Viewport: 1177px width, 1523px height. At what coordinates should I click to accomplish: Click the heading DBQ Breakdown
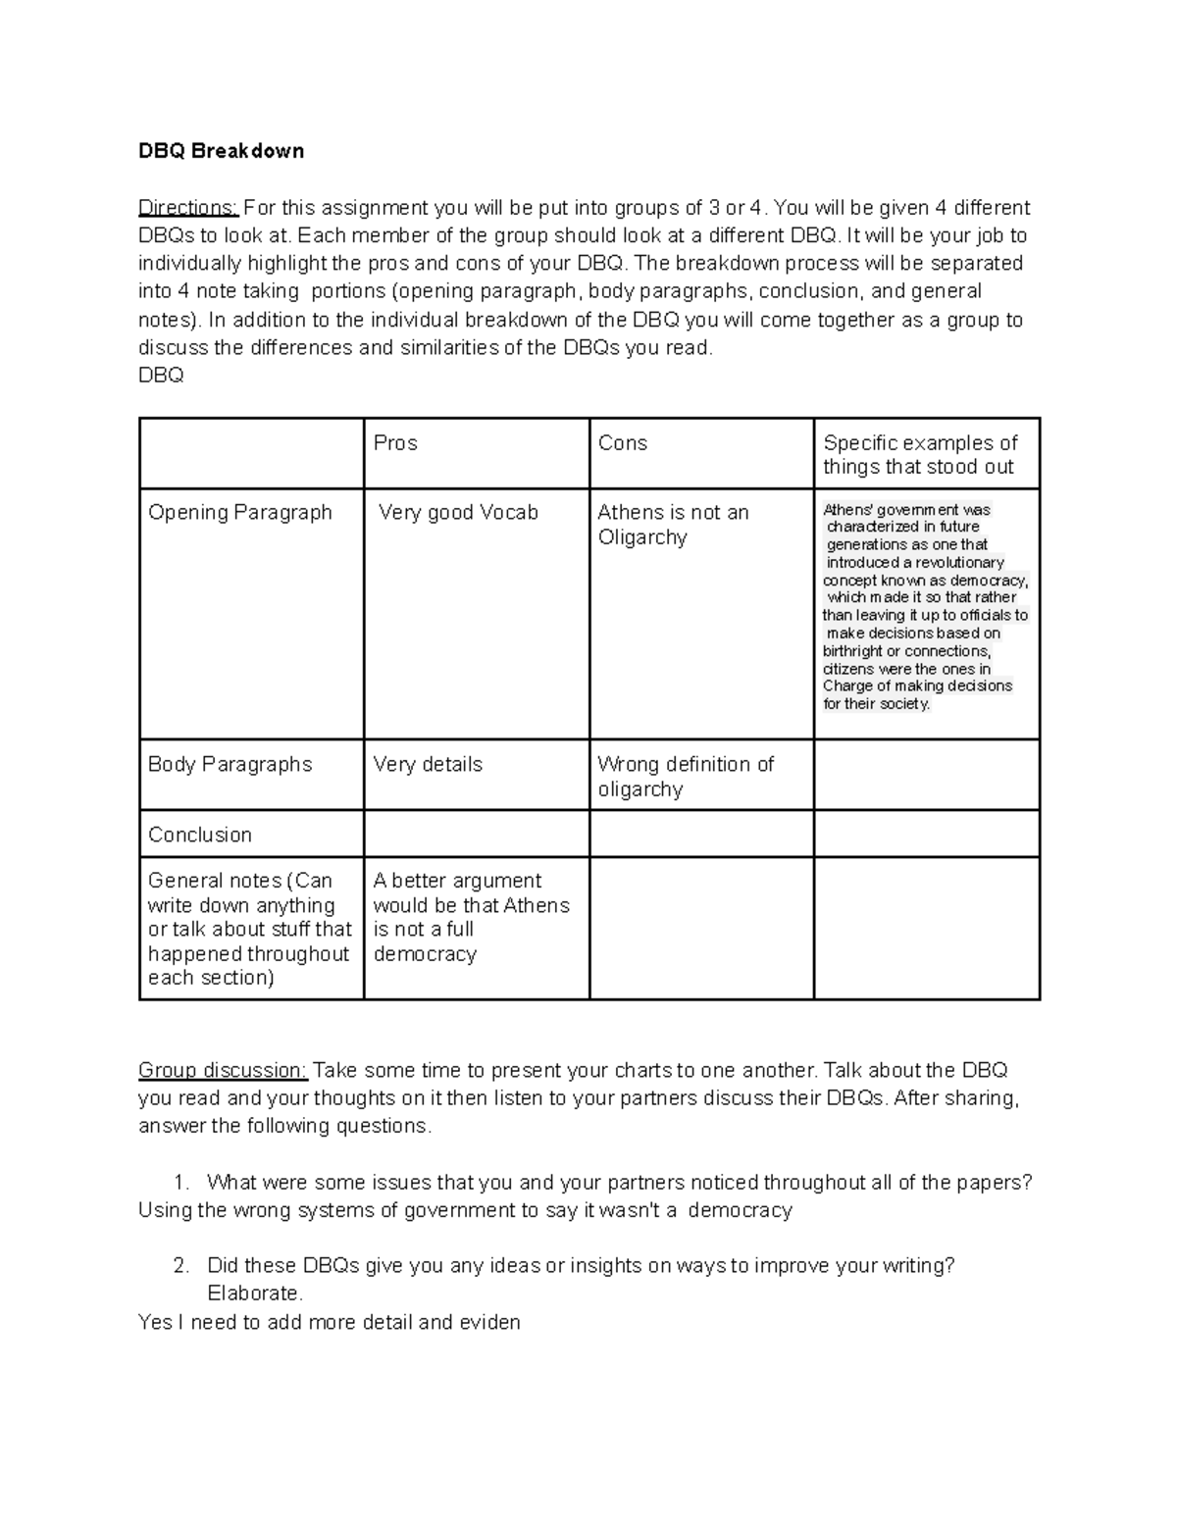pyautogui.click(x=221, y=151)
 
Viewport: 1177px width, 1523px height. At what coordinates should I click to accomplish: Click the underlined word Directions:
pyautogui.click(x=187, y=208)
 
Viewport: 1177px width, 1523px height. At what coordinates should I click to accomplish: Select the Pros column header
pyautogui.click(x=395, y=443)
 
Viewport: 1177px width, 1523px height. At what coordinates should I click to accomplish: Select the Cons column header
pyautogui.click(x=623, y=443)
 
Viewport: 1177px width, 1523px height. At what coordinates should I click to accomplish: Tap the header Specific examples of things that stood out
pyautogui.click(x=920, y=455)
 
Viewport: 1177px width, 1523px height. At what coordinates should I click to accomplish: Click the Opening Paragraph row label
pyautogui.click(x=240, y=513)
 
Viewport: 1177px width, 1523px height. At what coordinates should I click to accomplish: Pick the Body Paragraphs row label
pyautogui.click(x=230, y=765)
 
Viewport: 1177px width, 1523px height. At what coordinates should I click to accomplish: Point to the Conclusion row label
pyautogui.click(x=200, y=836)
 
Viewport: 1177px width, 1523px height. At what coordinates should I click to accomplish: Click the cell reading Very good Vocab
pyautogui.click(x=458, y=513)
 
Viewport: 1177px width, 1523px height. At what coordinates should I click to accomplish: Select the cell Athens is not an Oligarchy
pyautogui.click(x=673, y=525)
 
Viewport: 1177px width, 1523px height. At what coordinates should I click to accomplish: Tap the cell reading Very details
pyautogui.click(x=428, y=765)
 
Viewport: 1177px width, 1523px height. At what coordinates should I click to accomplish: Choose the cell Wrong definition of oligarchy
pyautogui.click(x=686, y=777)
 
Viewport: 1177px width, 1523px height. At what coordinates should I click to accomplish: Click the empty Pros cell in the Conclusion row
pyautogui.click(x=476, y=834)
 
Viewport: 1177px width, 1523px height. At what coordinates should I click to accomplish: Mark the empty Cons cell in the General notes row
pyautogui.click(x=701, y=928)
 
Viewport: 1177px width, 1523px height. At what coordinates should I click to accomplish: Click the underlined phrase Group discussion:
pyautogui.click(x=223, y=1071)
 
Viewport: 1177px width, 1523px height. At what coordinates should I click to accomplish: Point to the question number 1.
pyautogui.click(x=179, y=1183)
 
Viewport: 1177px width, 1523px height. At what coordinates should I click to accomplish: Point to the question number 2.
pyautogui.click(x=180, y=1266)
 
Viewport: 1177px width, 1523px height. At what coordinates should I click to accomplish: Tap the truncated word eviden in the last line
pyautogui.click(x=489, y=1323)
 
